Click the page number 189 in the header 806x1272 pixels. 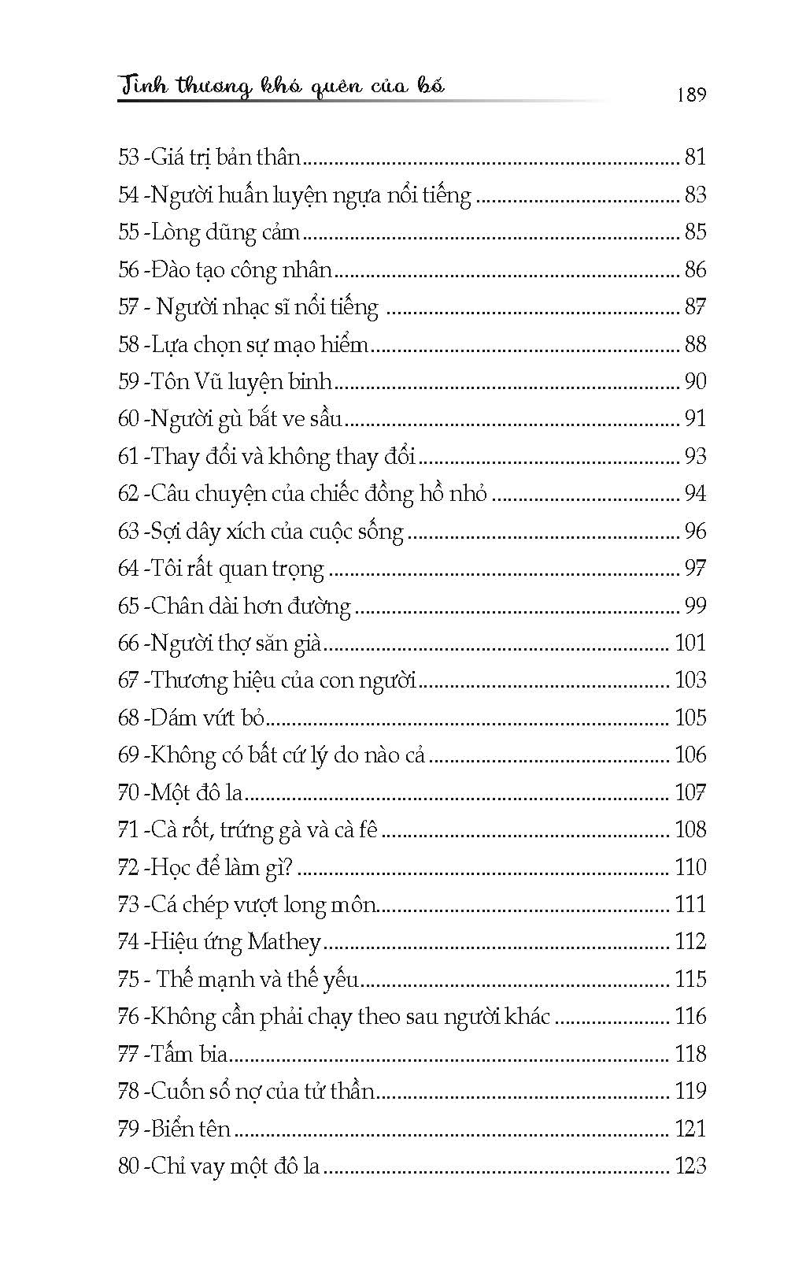tap(690, 95)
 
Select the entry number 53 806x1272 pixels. tap(128, 158)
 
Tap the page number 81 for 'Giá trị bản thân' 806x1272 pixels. tap(695, 158)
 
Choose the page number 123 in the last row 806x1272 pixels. tap(690, 1166)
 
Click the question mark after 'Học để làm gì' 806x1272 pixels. tap(287, 868)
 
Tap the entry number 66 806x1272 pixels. tap(128, 643)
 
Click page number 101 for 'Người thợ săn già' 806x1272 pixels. tap(690, 643)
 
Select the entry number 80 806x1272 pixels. tap(128, 1166)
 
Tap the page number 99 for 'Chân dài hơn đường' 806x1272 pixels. tap(695, 606)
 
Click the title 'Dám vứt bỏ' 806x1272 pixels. tap(207, 718)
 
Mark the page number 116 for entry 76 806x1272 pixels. tap(690, 1017)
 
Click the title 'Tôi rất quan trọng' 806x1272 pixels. tap(237, 569)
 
